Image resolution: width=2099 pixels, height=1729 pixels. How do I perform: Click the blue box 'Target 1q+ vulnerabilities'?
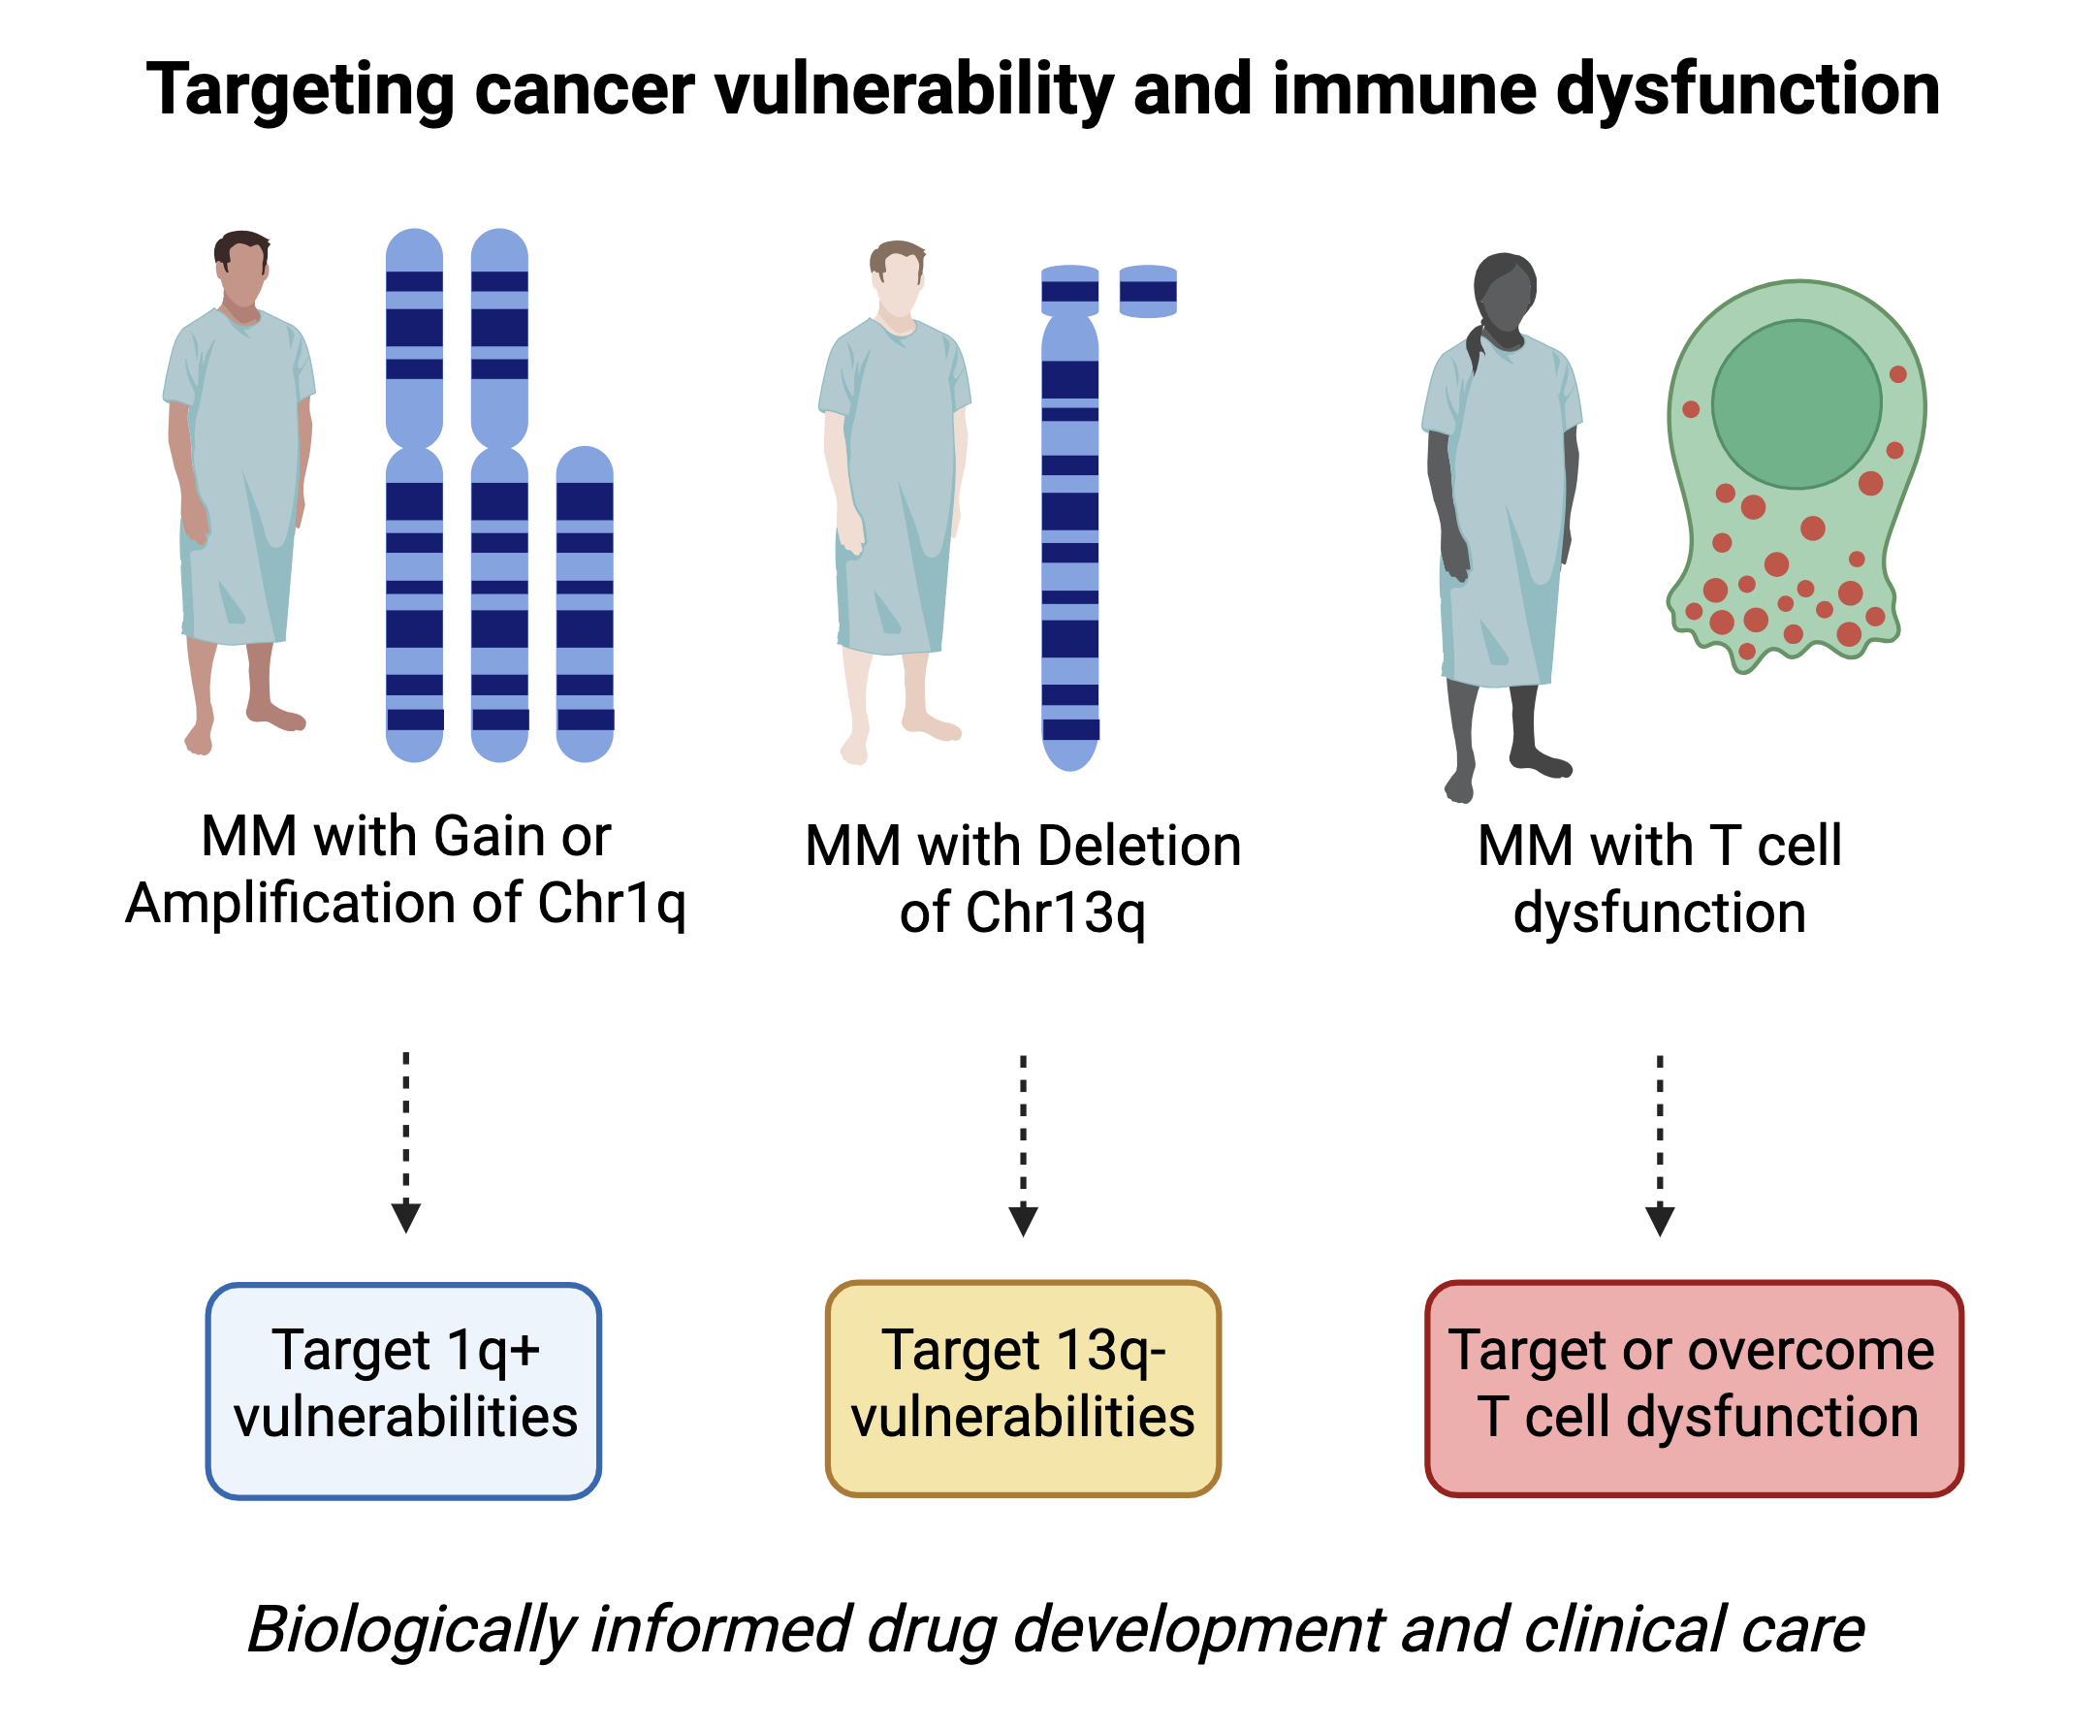(x=403, y=1391)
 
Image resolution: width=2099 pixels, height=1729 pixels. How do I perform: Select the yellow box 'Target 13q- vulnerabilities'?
(x=1023, y=1389)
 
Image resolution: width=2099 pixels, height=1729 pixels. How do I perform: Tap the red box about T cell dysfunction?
(x=1693, y=1389)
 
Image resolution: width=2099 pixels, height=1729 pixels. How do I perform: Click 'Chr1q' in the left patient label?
(x=612, y=904)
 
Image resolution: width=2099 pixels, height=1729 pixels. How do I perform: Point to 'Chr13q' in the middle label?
(x=1055, y=913)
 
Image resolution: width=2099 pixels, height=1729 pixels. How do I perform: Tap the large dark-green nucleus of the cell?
(x=1796, y=404)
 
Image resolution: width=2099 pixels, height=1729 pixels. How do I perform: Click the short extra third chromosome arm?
(x=585, y=603)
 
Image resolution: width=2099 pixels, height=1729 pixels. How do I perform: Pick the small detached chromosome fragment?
(x=1147, y=291)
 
